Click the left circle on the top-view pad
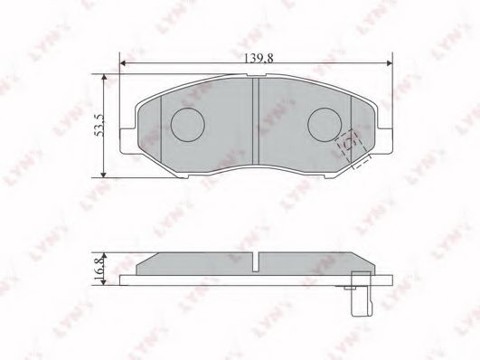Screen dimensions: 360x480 tap(188, 123)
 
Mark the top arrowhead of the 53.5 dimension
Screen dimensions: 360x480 tap(106, 79)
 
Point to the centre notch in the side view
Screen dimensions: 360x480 tap(256, 263)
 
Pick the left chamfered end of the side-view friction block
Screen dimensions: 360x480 tap(143, 263)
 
